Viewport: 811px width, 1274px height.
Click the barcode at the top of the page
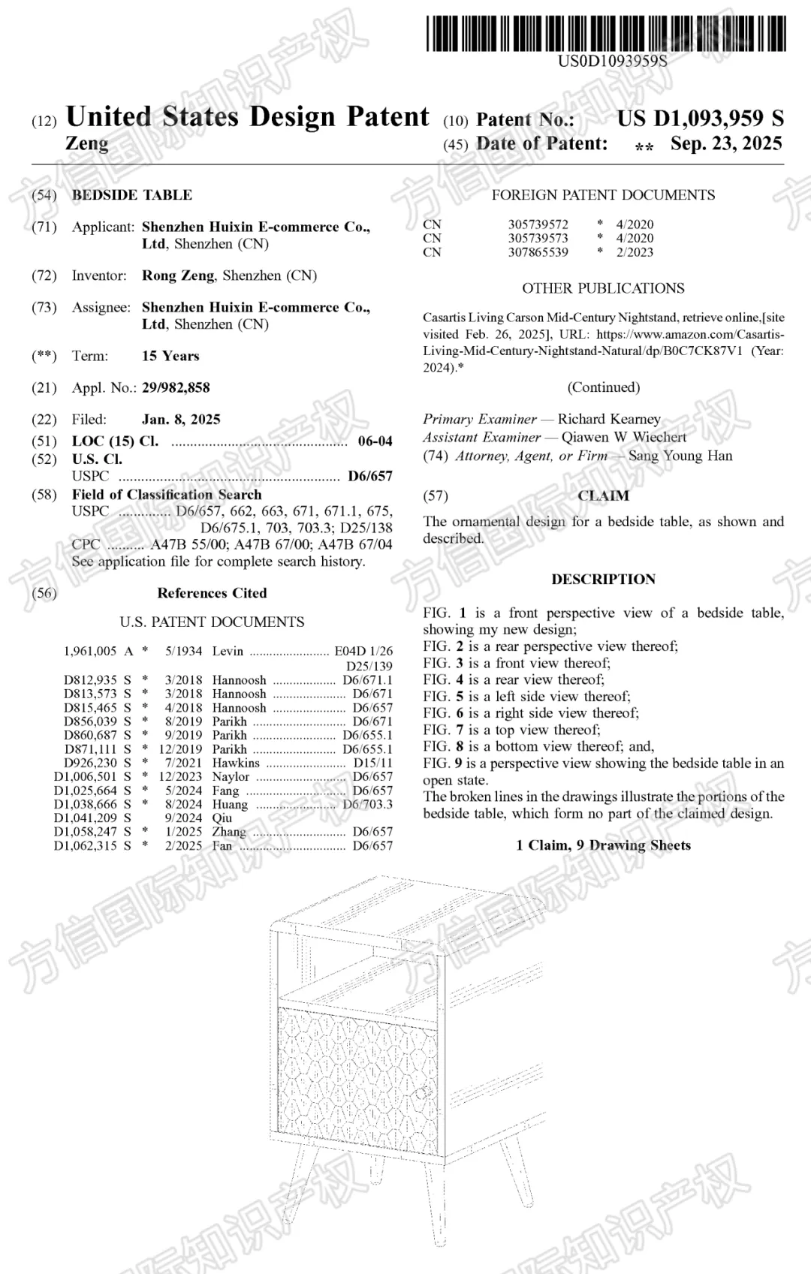pos(606,34)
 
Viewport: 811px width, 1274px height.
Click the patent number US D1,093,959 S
pos(700,119)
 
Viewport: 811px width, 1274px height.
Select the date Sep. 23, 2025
pos(726,143)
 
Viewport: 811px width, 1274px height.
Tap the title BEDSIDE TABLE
pos(132,195)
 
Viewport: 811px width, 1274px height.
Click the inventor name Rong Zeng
pos(178,276)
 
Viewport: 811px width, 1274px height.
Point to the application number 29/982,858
pos(176,388)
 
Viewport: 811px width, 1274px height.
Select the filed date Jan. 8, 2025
pos(181,420)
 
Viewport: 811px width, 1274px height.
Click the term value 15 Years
pos(170,356)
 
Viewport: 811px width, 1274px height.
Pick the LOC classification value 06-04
pos(375,441)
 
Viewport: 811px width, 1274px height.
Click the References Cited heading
pos(212,593)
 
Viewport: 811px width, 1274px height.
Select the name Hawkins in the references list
pos(236,763)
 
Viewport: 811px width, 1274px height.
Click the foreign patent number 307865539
pos(538,252)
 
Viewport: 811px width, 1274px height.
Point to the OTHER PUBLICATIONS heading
pos(603,288)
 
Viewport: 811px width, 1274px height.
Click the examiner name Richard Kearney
pos(609,419)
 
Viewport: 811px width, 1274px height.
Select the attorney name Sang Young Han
pos(680,456)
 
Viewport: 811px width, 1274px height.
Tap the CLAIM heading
pos(603,495)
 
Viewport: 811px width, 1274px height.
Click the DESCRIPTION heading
pos(603,580)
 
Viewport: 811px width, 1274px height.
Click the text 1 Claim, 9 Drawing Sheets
pos(603,845)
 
